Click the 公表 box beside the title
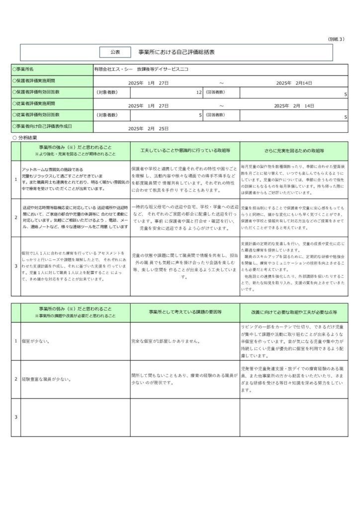(115, 52)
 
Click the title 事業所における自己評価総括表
(177, 52)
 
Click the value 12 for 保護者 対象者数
(198, 92)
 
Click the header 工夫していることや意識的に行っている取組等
(184, 150)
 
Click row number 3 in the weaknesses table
(15, 417)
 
